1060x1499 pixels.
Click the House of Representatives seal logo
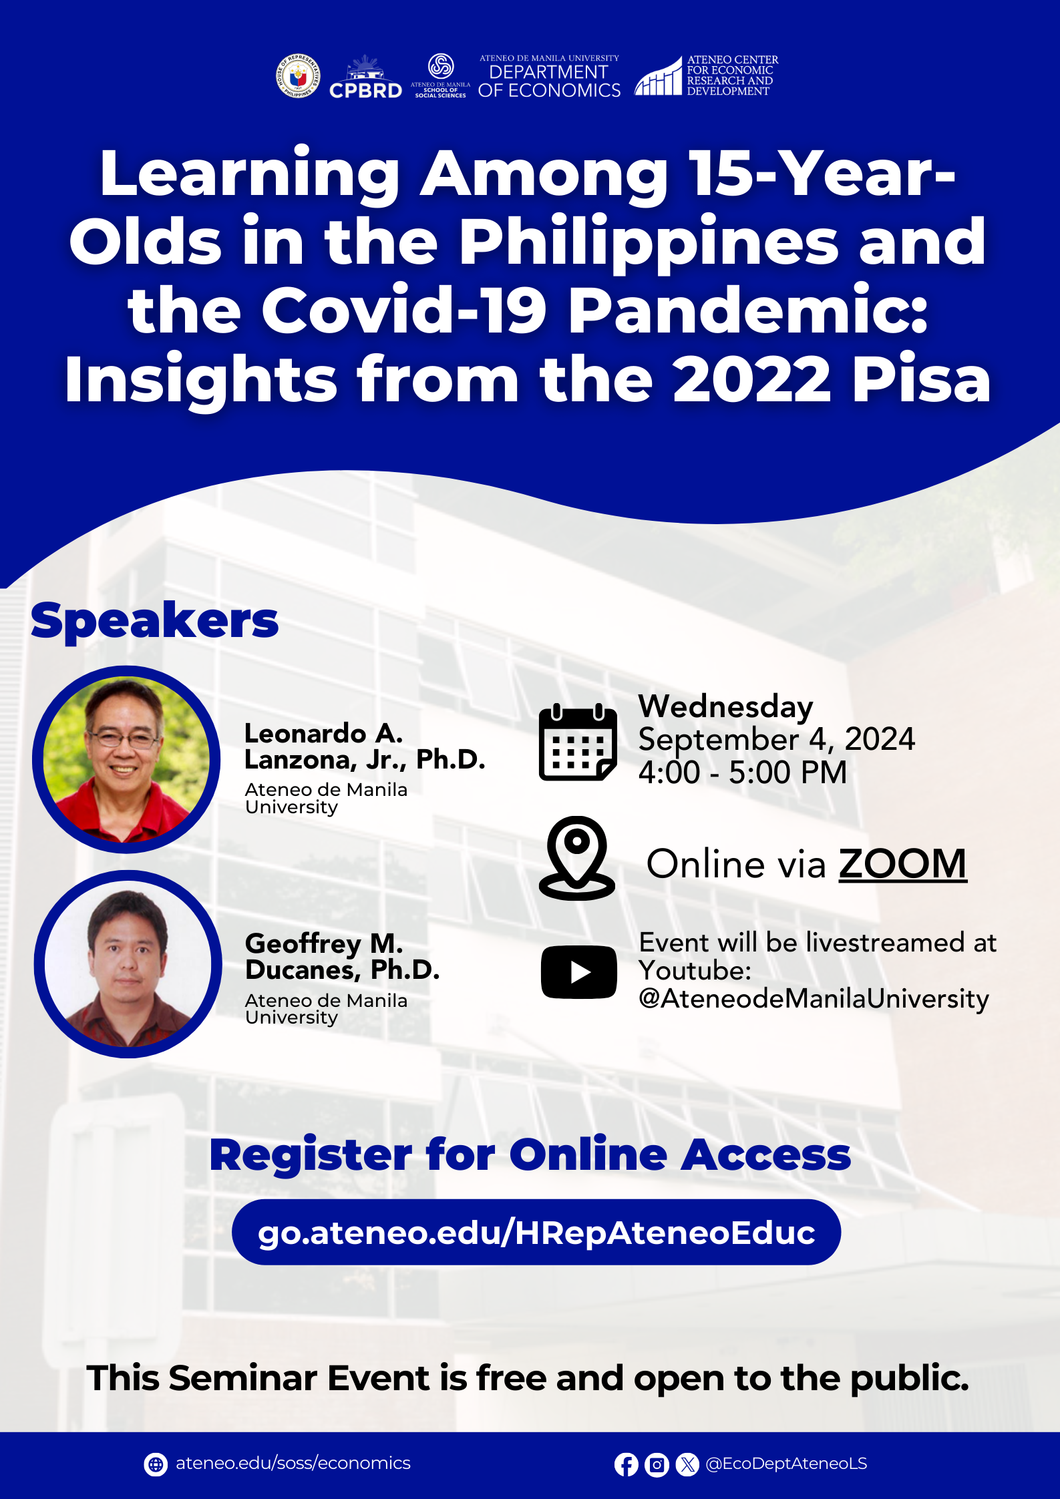coord(299,76)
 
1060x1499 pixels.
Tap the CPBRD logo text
coord(365,91)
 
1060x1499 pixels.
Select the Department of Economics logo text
coord(549,77)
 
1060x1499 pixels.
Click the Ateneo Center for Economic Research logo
coord(706,75)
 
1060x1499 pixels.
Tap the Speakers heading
coord(154,622)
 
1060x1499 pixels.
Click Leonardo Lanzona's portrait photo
coord(126,759)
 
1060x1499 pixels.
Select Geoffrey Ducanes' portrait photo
coord(128,963)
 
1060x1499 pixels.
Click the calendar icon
coord(578,742)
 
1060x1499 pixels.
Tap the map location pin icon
coord(577,858)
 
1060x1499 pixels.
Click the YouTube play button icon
coord(578,972)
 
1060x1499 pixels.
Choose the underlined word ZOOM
coord(902,864)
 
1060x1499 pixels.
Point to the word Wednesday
coord(725,707)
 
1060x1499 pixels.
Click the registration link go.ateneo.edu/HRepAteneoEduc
coord(536,1233)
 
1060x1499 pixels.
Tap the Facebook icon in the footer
coord(626,1464)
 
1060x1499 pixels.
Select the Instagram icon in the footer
coord(657,1464)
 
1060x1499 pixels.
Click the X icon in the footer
coord(687,1464)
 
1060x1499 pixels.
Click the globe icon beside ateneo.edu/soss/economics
coord(156,1464)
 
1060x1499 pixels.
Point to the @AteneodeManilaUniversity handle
coord(814,999)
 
